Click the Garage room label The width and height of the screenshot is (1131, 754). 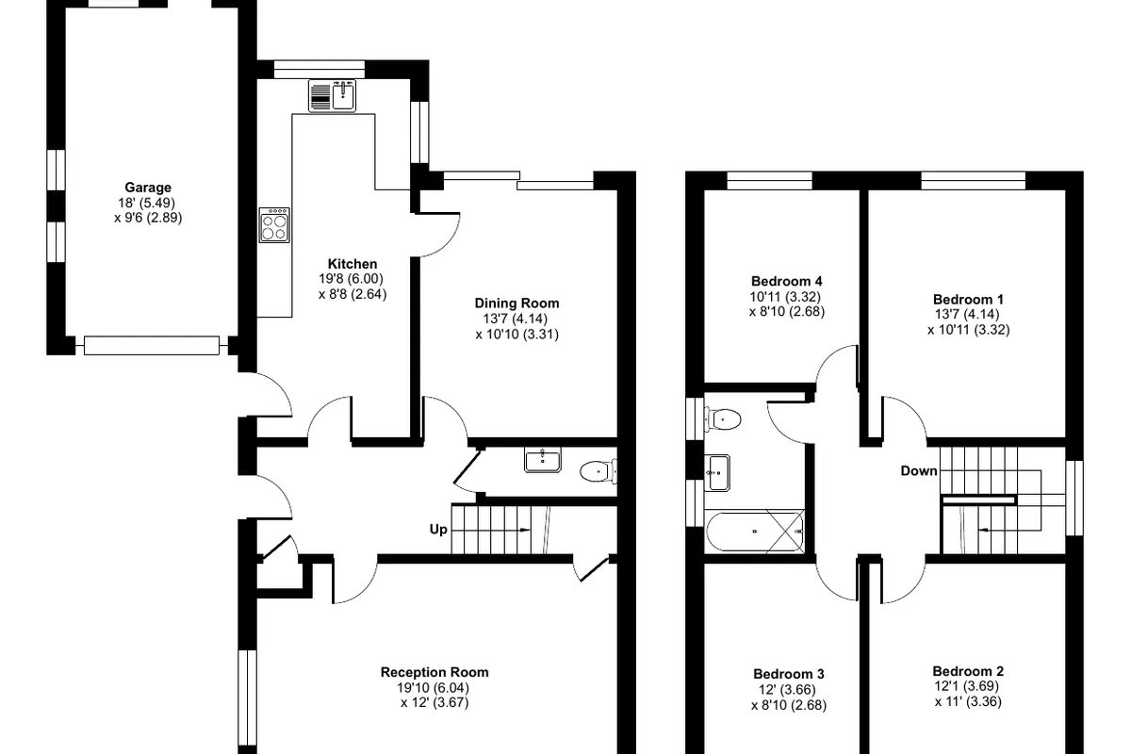pyautogui.click(x=148, y=188)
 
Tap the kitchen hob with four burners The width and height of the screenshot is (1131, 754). pyautogui.click(x=274, y=225)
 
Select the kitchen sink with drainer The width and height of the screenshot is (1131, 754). pyautogui.click(x=332, y=96)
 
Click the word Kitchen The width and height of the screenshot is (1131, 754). pyautogui.click(x=352, y=264)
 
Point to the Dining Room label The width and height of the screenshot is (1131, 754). pyautogui.click(x=517, y=303)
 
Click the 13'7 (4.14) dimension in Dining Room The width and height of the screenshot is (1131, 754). pyautogui.click(x=515, y=319)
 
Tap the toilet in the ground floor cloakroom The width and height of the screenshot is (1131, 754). pyautogui.click(x=598, y=471)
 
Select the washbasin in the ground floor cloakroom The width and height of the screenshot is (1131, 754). pyautogui.click(x=543, y=460)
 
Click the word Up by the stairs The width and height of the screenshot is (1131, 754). pyautogui.click(x=438, y=530)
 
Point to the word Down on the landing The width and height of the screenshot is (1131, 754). pyautogui.click(x=919, y=470)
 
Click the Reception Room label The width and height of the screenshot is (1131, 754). pyautogui.click(x=434, y=672)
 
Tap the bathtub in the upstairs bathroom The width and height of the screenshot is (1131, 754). pyautogui.click(x=755, y=532)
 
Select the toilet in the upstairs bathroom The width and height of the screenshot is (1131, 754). pyautogui.click(x=723, y=419)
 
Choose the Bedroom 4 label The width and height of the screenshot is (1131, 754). pyautogui.click(x=787, y=281)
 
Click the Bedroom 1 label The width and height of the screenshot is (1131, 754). pyautogui.click(x=969, y=299)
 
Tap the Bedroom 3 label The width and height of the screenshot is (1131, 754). pyautogui.click(x=789, y=674)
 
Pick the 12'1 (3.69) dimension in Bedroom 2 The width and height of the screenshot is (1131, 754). pyautogui.click(x=967, y=686)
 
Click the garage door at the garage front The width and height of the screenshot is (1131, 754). pyautogui.click(x=152, y=346)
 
